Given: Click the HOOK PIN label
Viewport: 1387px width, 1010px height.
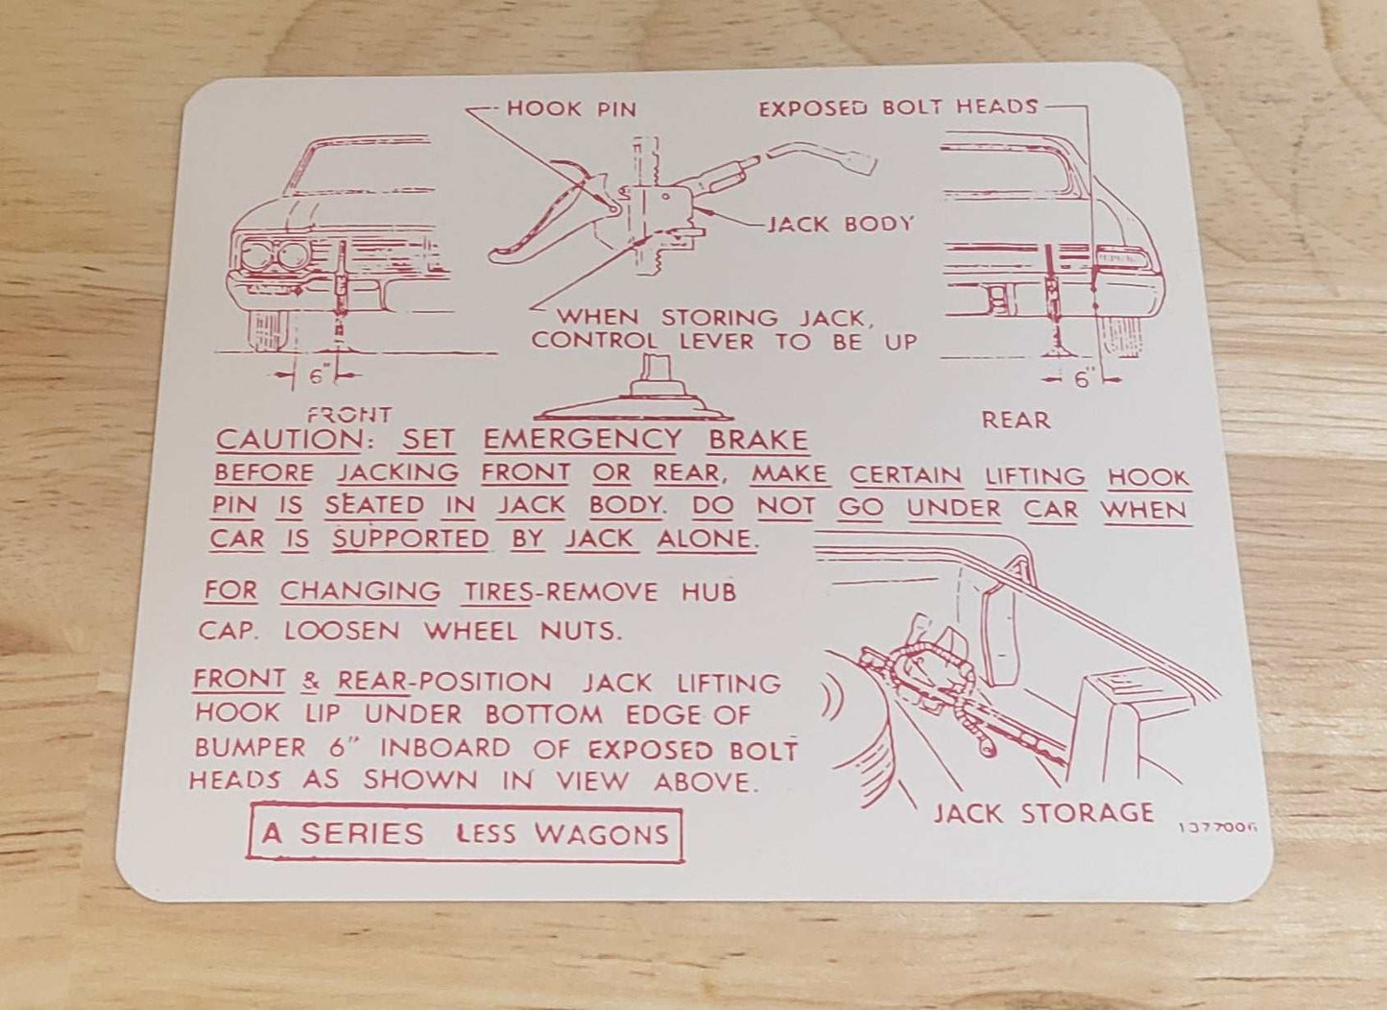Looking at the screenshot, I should pyautogui.click(x=570, y=108).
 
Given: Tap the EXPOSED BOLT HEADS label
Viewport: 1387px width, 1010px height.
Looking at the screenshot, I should pyautogui.click(x=897, y=108).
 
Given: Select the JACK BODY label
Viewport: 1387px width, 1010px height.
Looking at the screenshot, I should pyautogui.click(x=841, y=225).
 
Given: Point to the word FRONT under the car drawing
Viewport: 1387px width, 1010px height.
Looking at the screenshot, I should pyautogui.click(x=348, y=416).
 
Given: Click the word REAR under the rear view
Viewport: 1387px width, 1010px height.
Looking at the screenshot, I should pyautogui.click(x=1016, y=420).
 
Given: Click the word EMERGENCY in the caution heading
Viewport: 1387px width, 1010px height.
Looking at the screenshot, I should pyautogui.click(x=582, y=441).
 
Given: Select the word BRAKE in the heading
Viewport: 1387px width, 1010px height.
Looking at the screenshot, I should pyautogui.click(x=757, y=441).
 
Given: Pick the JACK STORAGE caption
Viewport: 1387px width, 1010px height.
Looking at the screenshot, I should pyautogui.click(x=1042, y=813).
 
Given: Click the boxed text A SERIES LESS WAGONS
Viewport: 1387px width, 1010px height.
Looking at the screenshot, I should pyautogui.click(x=466, y=833).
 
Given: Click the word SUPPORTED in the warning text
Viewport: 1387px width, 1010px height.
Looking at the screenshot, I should pyautogui.click(x=411, y=540).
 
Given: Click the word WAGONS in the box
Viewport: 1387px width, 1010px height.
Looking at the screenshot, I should pyautogui.click(x=601, y=833).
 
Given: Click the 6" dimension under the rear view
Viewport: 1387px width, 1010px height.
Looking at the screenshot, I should pyautogui.click(x=1084, y=380).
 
